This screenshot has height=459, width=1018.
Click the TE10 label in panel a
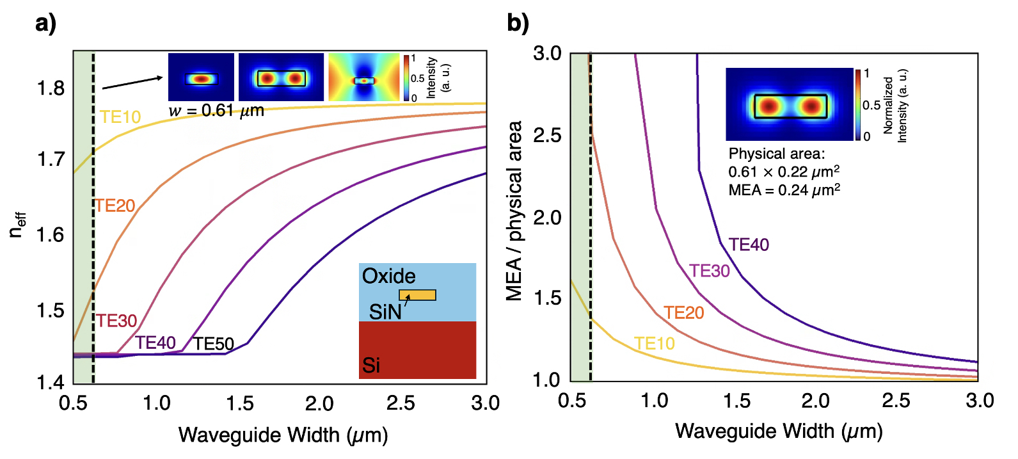click(x=120, y=117)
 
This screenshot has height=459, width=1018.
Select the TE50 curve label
click(x=214, y=344)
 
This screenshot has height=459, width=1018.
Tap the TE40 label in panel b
click(x=749, y=245)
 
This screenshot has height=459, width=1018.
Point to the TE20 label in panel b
click(x=683, y=313)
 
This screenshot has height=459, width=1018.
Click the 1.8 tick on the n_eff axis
click(x=51, y=88)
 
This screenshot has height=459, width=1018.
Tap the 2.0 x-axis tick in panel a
click(x=319, y=403)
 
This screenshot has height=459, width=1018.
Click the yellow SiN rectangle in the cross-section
click(x=418, y=295)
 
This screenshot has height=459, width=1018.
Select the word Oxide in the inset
click(x=388, y=277)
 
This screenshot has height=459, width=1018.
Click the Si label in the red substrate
click(x=371, y=366)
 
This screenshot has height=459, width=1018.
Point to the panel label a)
click(x=45, y=23)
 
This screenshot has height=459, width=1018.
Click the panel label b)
click(x=518, y=23)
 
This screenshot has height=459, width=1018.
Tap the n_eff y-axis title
click(x=17, y=225)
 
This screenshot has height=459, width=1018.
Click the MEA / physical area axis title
click(x=514, y=211)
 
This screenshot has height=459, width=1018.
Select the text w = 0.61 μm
click(x=216, y=111)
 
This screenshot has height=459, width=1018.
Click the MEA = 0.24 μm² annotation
click(x=784, y=190)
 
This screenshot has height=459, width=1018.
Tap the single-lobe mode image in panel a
click(x=201, y=77)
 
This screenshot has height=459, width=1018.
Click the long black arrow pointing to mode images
click(x=132, y=83)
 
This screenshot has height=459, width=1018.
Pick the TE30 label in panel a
click(x=116, y=321)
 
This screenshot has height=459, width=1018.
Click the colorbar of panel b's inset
click(x=857, y=104)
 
